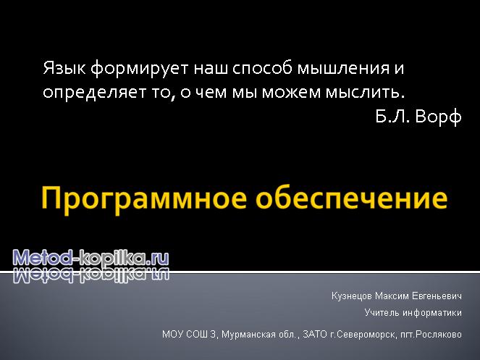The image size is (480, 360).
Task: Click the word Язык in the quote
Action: (64, 68)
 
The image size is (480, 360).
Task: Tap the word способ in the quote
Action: (262, 68)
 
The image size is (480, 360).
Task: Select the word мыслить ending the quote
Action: (365, 93)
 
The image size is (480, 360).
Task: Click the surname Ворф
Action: (438, 117)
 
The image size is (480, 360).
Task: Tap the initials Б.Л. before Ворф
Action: (392, 116)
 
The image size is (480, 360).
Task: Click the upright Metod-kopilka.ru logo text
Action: (90, 258)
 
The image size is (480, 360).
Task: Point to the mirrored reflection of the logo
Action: (90, 275)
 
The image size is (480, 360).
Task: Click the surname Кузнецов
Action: (351, 296)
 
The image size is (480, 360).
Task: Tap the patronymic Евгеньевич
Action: (437, 296)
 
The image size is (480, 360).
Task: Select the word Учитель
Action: (382, 313)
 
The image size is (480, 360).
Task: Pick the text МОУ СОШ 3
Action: (189, 334)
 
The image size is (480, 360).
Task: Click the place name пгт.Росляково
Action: (431, 335)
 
